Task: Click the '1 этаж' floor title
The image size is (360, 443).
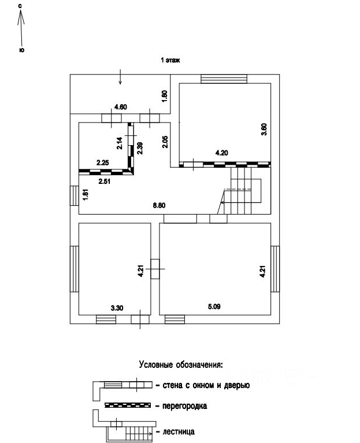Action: [170, 60]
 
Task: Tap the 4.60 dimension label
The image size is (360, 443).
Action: [121, 106]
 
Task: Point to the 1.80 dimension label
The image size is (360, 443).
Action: [165, 96]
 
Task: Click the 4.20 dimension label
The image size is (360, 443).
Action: [222, 153]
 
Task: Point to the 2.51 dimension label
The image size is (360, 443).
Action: [104, 182]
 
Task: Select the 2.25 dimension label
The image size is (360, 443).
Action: [103, 163]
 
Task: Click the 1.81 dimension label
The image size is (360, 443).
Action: [85, 195]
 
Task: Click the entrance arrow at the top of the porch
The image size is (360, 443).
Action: [120, 76]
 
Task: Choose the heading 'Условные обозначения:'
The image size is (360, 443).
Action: [180, 365]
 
